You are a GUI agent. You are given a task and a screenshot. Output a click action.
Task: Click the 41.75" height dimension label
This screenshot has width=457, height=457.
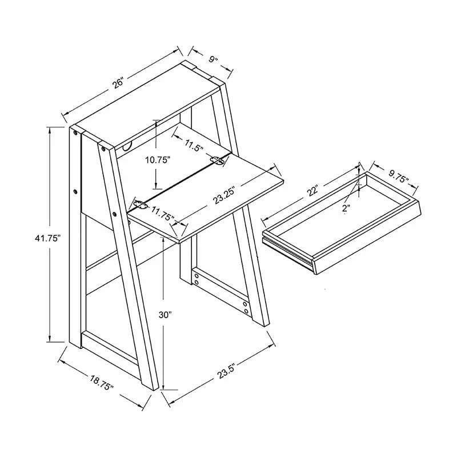(48, 238)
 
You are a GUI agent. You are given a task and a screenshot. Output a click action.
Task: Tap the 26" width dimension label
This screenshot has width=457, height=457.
(119, 83)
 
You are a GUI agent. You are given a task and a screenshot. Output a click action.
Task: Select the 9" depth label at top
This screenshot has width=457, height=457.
(213, 60)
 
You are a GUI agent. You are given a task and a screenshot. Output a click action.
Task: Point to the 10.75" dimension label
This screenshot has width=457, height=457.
(158, 160)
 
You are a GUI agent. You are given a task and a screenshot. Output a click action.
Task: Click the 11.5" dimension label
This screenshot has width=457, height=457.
(194, 145)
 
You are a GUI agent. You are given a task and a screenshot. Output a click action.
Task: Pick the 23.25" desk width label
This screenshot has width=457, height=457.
(224, 195)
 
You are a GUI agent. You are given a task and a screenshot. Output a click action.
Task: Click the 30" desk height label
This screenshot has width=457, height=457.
(166, 315)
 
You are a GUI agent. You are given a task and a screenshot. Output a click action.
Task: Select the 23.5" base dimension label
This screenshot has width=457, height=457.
(226, 371)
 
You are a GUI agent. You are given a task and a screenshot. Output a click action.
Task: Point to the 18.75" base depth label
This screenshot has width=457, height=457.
(102, 383)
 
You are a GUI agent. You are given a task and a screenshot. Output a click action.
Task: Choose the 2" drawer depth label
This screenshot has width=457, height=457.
(346, 209)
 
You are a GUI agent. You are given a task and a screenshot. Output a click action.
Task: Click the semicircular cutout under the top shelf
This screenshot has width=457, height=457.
(127, 146)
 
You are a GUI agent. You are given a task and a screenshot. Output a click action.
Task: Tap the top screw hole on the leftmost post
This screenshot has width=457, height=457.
(76, 133)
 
